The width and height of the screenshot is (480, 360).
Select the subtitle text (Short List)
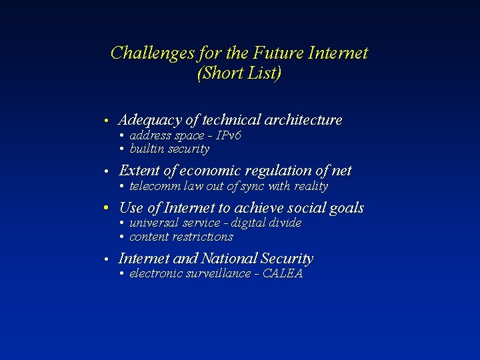pyautogui.click(x=239, y=73)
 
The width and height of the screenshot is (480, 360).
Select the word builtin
pyautogui.click(x=146, y=149)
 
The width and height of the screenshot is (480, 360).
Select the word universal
pyautogui.click(x=153, y=223)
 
